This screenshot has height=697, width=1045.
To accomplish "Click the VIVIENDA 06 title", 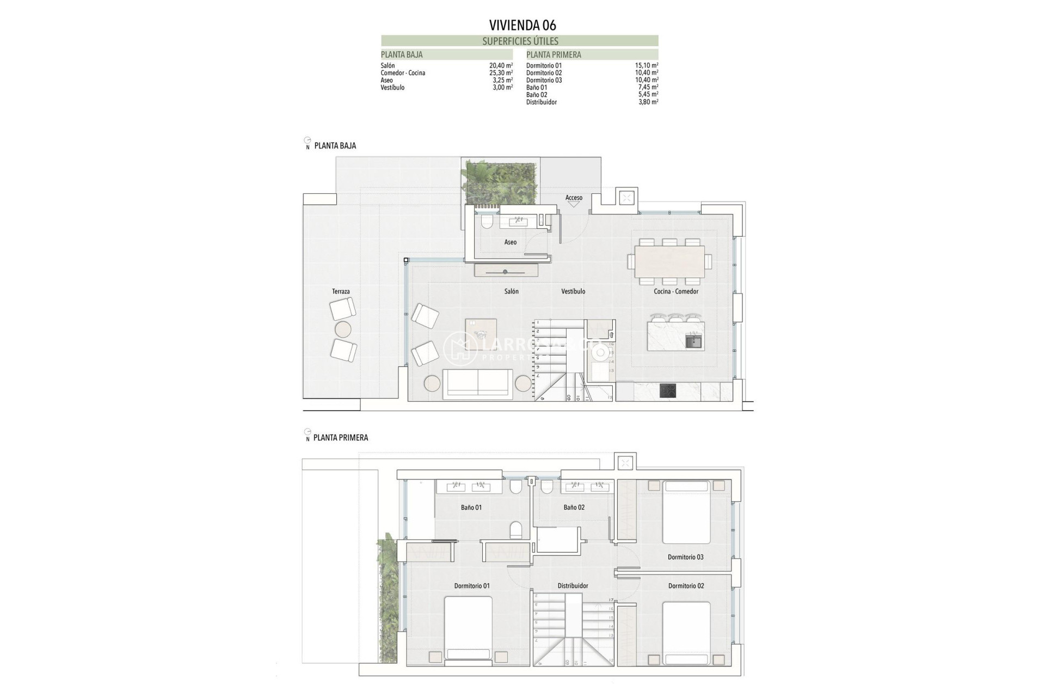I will click(522, 25).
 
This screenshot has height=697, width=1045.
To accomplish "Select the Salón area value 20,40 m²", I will click(501, 65).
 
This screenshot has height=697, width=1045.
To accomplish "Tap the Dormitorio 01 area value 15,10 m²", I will click(647, 65).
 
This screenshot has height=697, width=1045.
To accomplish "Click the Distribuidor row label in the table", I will click(541, 102).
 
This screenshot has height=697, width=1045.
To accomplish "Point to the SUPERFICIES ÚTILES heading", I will click(520, 41).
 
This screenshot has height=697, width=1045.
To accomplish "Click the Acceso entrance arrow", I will click(574, 204).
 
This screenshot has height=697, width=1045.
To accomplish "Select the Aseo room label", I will click(510, 242).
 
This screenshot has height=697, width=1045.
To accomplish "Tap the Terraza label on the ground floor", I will click(341, 291).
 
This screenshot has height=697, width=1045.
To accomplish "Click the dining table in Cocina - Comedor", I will click(669, 261).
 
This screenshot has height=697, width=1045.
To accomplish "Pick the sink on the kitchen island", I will click(693, 342).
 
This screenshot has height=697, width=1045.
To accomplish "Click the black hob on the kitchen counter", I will click(668, 390).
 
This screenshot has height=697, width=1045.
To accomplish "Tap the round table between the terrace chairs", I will click(343, 329).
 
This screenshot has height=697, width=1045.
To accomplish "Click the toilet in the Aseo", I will click(487, 222).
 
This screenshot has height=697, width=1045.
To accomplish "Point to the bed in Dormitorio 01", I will click(468, 629).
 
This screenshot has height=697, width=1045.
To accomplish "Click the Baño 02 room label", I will click(574, 508).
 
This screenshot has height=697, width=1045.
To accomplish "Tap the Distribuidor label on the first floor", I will click(573, 586).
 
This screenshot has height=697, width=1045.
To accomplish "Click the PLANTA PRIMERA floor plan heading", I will click(341, 438).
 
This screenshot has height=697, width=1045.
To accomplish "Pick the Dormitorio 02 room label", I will click(686, 586).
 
